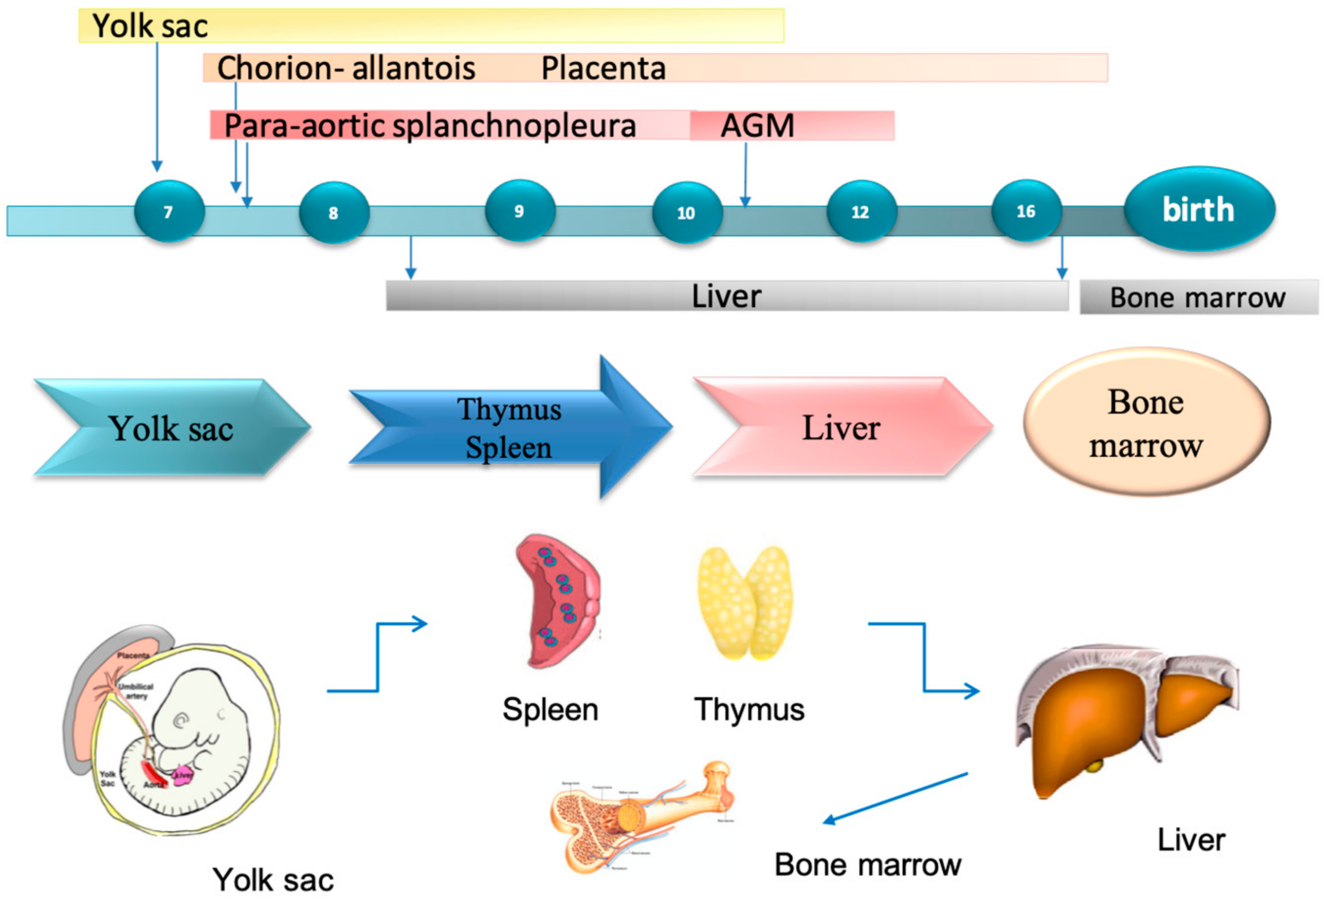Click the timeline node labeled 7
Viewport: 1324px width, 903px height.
click(x=169, y=212)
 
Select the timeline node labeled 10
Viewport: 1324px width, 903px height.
click(x=687, y=212)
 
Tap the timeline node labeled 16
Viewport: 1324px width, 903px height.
click(x=1026, y=212)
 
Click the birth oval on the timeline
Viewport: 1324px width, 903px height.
click(x=1199, y=209)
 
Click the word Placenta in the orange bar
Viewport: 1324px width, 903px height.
click(x=603, y=68)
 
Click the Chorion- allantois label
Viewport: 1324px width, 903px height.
click(x=346, y=68)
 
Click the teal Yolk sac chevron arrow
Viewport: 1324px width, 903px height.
click(x=171, y=428)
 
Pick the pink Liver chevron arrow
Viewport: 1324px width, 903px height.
click(x=840, y=427)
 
